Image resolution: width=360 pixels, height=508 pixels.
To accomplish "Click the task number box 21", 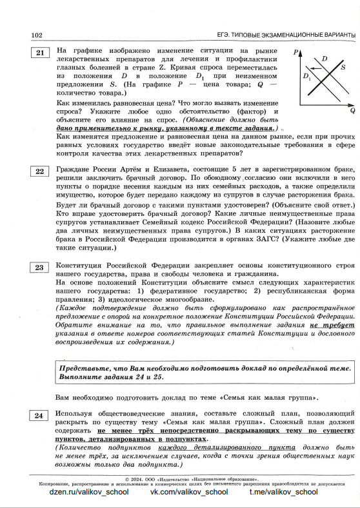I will click(40, 54).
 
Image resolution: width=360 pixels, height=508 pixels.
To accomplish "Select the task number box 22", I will click(40, 171).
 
